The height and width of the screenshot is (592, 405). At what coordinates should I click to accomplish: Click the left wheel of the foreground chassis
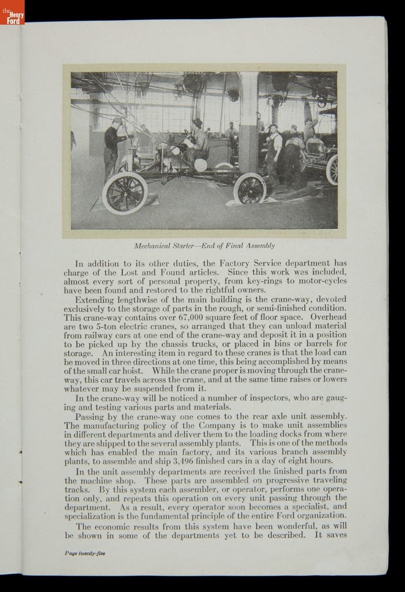click(x=124, y=193)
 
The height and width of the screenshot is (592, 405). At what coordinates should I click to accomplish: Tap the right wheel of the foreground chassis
click(x=250, y=188)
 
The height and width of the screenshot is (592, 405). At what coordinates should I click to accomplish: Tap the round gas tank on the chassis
click(x=200, y=164)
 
